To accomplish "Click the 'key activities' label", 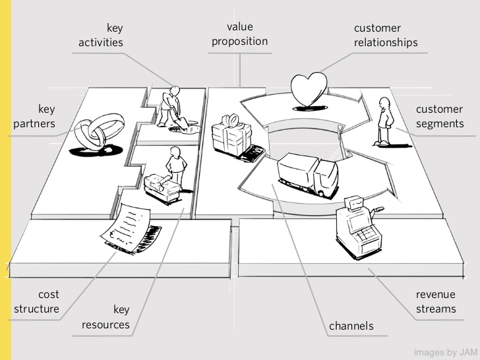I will pyautogui.click(x=100, y=35).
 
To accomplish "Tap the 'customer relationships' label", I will pyautogui.click(x=386, y=36).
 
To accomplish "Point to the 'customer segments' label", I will pyautogui.click(x=439, y=116).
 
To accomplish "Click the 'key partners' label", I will pyautogui.click(x=37, y=115).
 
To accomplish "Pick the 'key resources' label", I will pyautogui.click(x=105, y=317).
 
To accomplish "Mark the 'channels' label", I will pyautogui.click(x=351, y=326).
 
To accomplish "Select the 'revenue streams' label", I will pyautogui.click(x=435, y=302).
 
